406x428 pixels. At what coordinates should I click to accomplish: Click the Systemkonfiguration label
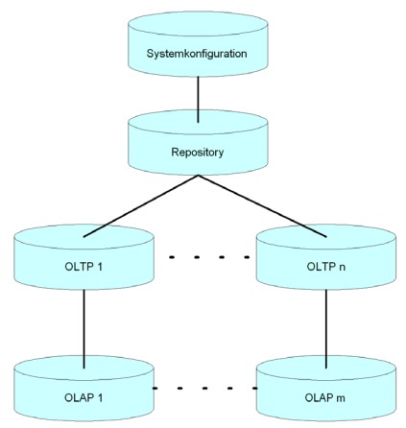click(197, 54)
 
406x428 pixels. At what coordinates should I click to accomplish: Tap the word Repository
click(198, 153)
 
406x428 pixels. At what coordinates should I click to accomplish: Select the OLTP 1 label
click(84, 267)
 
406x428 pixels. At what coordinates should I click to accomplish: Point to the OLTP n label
click(326, 267)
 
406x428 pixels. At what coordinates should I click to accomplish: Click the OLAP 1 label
click(84, 397)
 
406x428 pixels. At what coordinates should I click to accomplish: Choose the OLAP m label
click(324, 397)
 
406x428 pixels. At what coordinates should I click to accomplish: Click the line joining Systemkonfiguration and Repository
click(198, 100)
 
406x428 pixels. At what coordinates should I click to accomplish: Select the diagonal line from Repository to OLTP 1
click(141, 206)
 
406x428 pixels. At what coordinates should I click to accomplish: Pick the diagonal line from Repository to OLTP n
click(262, 206)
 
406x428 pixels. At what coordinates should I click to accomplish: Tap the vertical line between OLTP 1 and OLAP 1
click(84, 329)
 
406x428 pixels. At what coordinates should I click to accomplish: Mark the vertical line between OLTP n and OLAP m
click(326, 329)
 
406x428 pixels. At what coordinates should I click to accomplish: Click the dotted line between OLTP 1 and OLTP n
click(209, 257)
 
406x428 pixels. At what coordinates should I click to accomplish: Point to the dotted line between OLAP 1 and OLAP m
click(204, 389)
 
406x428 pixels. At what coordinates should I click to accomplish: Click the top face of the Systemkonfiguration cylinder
click(198, 24)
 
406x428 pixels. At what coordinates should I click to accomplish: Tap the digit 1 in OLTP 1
click(100, 267)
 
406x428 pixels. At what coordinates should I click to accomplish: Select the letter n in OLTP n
click(343, 268)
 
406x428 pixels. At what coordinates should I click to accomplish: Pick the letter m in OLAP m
click(341, 398)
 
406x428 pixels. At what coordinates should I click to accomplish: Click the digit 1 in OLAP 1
click(100, 397)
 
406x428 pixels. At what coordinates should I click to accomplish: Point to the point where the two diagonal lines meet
click(198, 175)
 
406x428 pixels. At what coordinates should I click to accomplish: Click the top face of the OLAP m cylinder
click(326, 369)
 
